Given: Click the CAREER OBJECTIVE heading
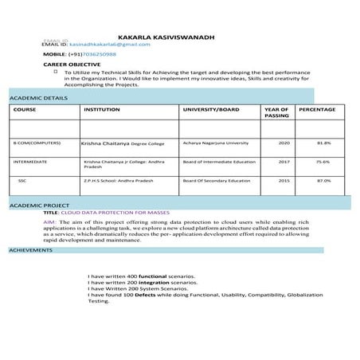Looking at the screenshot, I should (72, 63).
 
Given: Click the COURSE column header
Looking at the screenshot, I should (25, 108).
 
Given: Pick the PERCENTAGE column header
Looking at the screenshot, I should (316, 108).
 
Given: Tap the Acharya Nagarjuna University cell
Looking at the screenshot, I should (215, 143).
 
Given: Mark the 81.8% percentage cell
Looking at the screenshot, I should (323, 143).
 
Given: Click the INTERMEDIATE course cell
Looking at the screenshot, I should (30, 162).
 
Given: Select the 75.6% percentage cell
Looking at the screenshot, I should (323, 162).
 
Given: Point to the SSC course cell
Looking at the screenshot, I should (22, 181).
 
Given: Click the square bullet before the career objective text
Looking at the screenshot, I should (55, 70).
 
